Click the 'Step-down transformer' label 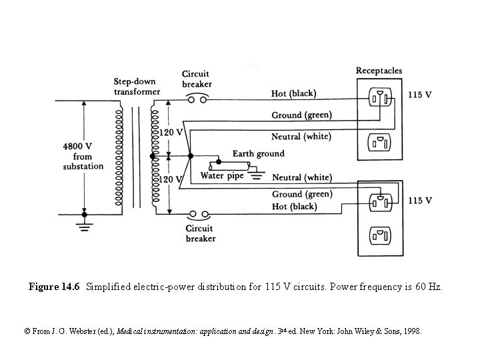[136, 86]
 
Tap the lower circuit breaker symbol [198, 215]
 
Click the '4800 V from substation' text [83, 155]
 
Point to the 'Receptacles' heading [379, 71]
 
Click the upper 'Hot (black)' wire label [294, 93]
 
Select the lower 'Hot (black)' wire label [294, 207]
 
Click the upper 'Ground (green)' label [301, 115]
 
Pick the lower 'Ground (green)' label [301, 194]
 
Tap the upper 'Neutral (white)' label [301, 137]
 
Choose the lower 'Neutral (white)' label [301, 177]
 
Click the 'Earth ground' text [258, 153]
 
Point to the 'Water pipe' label [221, 176]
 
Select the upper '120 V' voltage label [171, 133]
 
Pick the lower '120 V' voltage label [171, 180]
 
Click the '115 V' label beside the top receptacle [419, 95]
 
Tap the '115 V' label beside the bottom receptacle [419, 200]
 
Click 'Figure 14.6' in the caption [54, 287]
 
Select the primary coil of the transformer [119, 157]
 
